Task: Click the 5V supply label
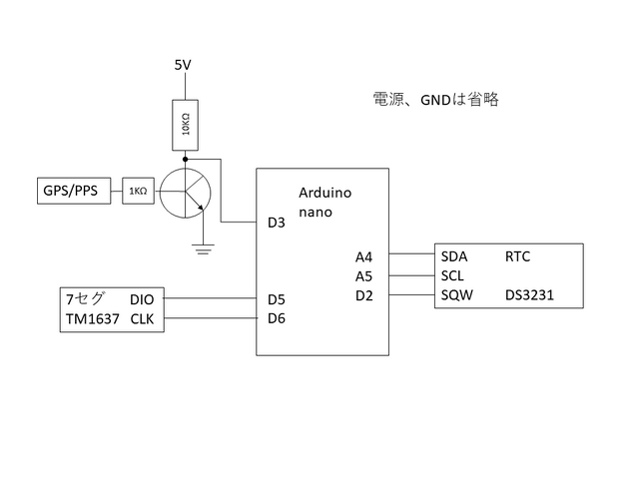[x=183, y=66]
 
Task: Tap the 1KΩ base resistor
[x=137, y=191]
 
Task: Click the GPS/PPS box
[x=70, y=190]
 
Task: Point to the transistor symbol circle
[x=186, y=192]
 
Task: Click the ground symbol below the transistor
[x=204, y=248]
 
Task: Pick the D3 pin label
[x=277, y=223]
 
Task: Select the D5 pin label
[x=277, y=298]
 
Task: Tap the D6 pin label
[x=277, y=318]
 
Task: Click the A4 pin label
[x=364, y=256]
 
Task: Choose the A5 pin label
[x=364, y=275]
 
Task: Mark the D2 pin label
[x=364, y=295]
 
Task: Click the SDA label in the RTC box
[x=454, y=256]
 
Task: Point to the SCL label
[x=453, y=275]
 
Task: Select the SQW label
[x=456, y=295]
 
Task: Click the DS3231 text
[x=529, y=295]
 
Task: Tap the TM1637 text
[x=92, y=318]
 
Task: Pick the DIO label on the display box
[x=143, y=298]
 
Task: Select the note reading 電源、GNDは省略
[x=434, y=100]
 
